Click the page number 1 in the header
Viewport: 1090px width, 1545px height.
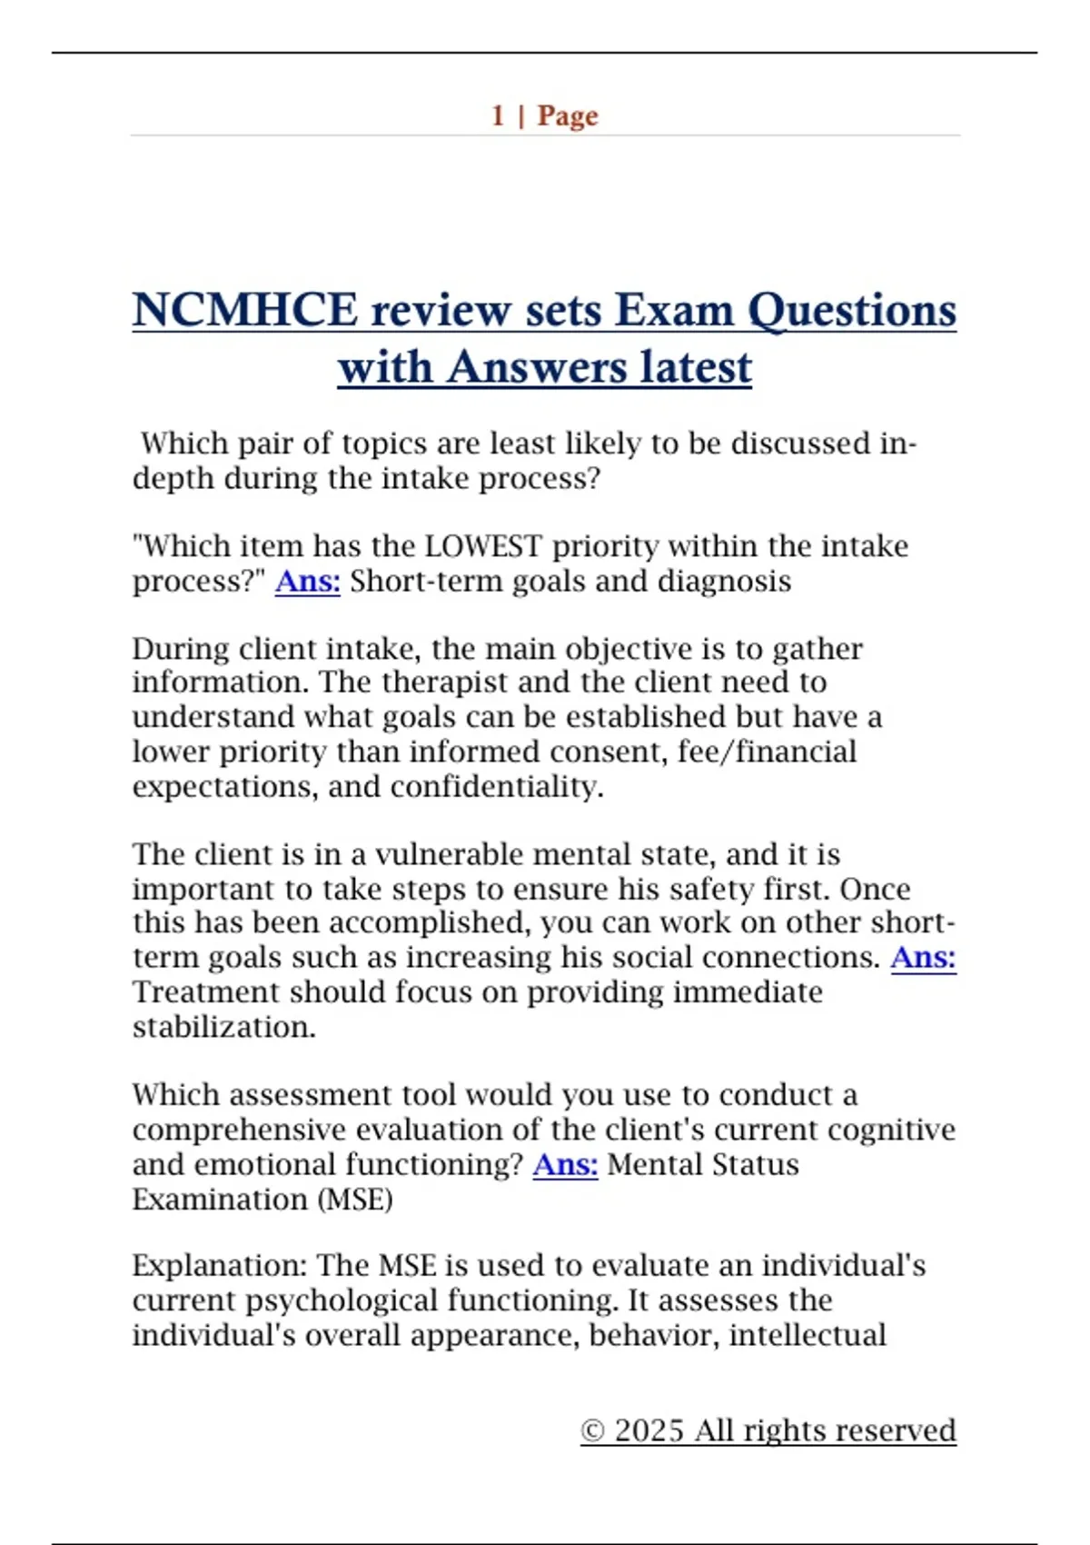(x=498, y=115)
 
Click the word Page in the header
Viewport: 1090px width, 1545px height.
(x=568, y=116)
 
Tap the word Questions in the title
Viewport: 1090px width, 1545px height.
(x=851, y=312)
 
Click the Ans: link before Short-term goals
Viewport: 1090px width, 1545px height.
(x=307, y=581)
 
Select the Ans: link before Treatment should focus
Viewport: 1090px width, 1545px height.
(x=923, y=957)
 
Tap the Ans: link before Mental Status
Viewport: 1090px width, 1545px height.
(x=565, y=1164)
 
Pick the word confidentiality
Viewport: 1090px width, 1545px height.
(x=497, y=786)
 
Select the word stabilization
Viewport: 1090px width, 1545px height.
(x=223, y=1027)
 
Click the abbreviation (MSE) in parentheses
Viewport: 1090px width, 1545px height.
(x=354, y=1200)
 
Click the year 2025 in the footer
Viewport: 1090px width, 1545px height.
(x=649, y=1430)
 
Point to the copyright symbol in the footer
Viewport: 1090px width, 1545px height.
(x=592, y=1431)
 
